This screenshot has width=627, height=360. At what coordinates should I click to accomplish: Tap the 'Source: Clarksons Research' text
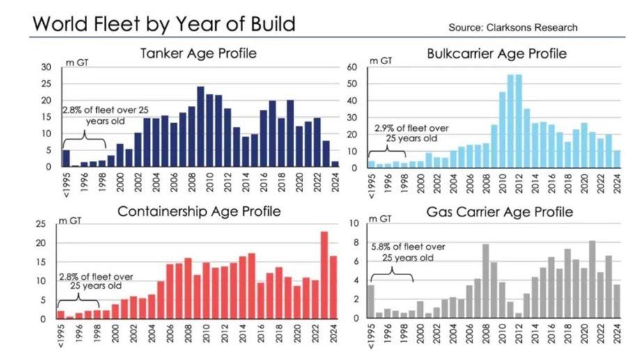point(513,27)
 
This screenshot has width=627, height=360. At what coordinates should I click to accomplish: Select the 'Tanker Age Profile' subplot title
point(199,54)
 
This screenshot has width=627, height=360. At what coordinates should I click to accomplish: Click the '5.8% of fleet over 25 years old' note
point(408,251)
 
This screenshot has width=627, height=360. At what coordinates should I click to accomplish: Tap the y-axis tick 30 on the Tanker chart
point(47,67)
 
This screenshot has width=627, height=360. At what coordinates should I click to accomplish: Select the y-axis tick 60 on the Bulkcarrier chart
point(353,67)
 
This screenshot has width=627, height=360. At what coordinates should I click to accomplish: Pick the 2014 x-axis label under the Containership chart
point(242,334)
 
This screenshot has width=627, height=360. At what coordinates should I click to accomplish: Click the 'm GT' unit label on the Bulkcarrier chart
point(380,61)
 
